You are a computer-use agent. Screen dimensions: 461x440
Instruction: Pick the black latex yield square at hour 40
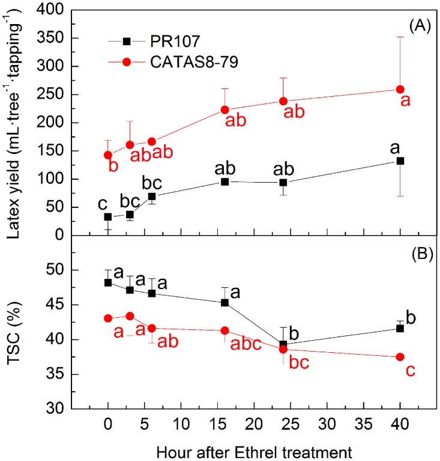click(x=400, y=161)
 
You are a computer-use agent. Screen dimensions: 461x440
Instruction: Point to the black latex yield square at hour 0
click(x=108, y=217)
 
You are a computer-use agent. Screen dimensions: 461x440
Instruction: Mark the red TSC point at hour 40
click(x=400, y=357)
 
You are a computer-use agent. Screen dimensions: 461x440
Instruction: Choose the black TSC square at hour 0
click(x=108, y=282)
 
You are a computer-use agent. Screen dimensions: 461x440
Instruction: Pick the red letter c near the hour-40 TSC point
click(x=411, y=372)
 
